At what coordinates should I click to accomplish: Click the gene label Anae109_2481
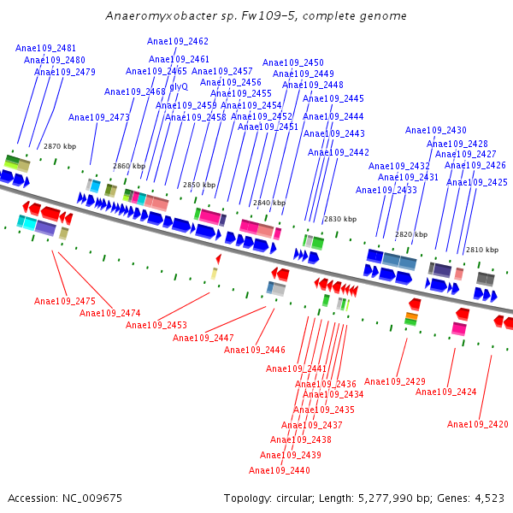click(x=45, y=49)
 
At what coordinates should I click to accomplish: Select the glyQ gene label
click(x=179, y=86)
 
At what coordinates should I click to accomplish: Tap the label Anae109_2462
click(x=178, y=41)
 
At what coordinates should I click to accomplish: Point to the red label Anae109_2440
click(x=280, y=470)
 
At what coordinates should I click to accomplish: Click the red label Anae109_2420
click(x=478, y=424)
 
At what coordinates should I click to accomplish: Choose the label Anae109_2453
click(x=156, y=325)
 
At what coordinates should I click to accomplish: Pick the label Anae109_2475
click(x=65, y=301)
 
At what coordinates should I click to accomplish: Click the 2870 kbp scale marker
click(x=60, y=146)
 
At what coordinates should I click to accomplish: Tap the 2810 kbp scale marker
click(x=481, y=250)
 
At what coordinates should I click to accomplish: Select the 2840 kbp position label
click(x=268, y=203)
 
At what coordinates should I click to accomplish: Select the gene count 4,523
click(x=487, y=498)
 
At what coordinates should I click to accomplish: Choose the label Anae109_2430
click(x=436, y=130)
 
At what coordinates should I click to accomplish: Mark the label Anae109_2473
click(x=99, y=117)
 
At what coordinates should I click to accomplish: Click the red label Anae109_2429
click(x=395, y=381)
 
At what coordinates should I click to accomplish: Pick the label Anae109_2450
click(x=293, y=62)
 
